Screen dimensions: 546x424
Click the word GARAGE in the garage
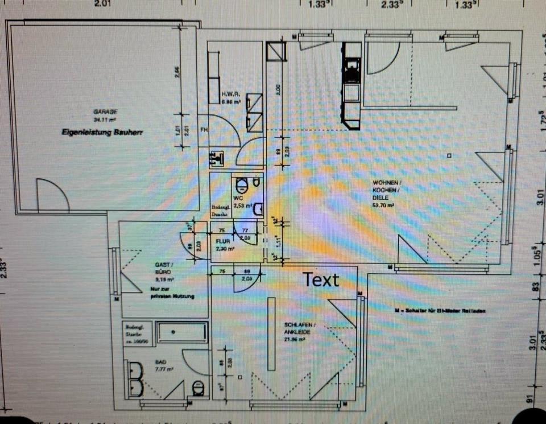pos(105,112)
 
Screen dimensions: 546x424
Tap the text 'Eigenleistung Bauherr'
pos(102,131)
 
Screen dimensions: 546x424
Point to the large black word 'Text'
pos(321,279)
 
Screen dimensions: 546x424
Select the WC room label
pos(237,198)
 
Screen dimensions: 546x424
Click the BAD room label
pos(162,361)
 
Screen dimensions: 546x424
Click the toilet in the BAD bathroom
pos(198,388)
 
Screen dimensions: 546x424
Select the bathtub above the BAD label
pos(182,332)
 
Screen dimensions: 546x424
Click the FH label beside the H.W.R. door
pos(204,130)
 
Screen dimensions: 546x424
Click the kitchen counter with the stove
pos(351,85)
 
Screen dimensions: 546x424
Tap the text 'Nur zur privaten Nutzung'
pos(172,293)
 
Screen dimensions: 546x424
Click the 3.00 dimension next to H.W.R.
pos(278,89)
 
